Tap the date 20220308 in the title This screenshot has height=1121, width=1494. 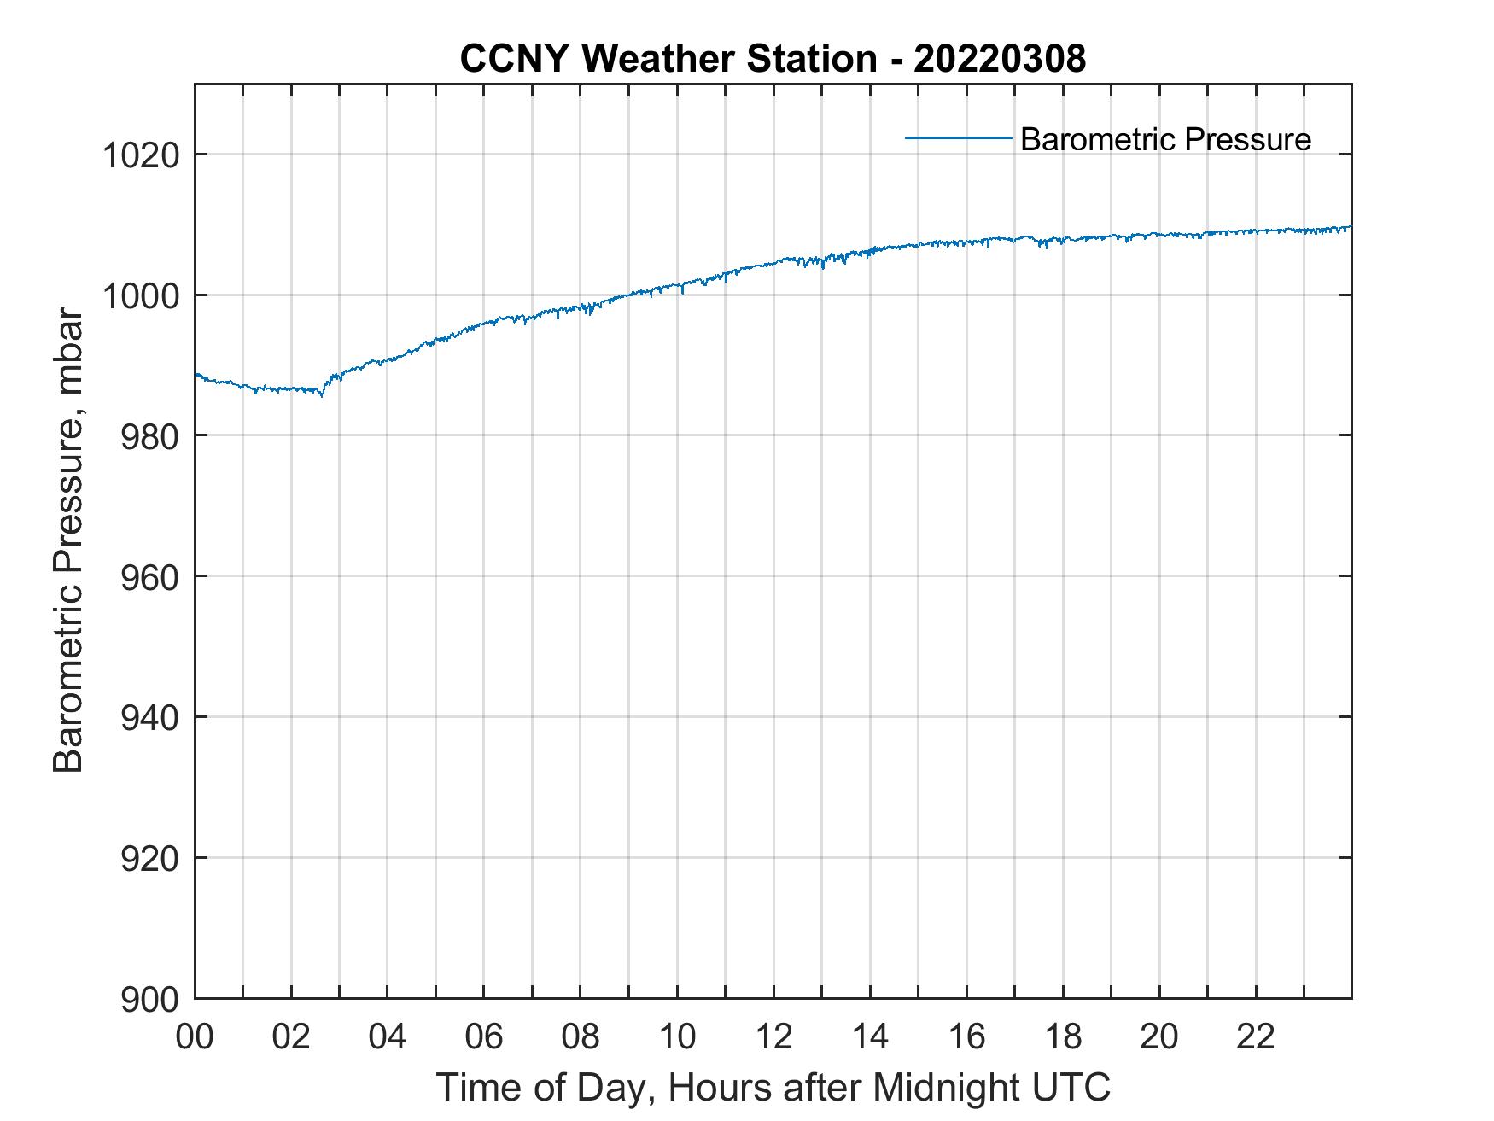(x=1000, y=59)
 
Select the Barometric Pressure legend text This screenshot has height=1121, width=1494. (x=1165, y=139)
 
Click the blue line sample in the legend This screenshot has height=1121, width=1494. (x=958, y=137)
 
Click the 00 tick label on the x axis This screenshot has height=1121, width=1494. (x=195, y=1037)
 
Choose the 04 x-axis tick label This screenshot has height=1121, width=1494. (x=388, y=1037)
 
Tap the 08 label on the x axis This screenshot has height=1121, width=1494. (x=581, y=1037)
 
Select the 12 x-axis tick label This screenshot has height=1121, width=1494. (x=773, y=1037)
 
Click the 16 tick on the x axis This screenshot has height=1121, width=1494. (x=966, y=1037)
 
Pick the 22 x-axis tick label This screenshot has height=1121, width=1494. (x=1256, y=1037)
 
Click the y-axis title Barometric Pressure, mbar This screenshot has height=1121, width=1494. (x=68, y=541)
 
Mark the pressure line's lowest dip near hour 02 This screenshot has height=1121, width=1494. (x=322, y=396)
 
